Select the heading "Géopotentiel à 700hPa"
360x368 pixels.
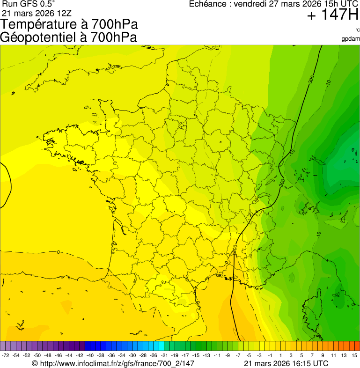pos(68,37)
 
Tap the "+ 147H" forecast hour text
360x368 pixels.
pos(332,15)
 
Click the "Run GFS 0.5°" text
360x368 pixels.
pos(29,4)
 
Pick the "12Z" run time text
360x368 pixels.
pos(56,13)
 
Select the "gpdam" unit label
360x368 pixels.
pos(351,39)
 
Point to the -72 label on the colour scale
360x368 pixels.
pos(6,356)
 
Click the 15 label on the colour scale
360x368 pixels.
pos(355,356)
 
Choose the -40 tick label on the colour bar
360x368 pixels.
pos(90,356)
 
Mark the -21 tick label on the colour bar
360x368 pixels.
pos(165,356)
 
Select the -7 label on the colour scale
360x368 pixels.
pos(238,356)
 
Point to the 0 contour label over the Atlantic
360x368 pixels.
pos(58,252)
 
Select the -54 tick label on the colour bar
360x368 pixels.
pos(16,356)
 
